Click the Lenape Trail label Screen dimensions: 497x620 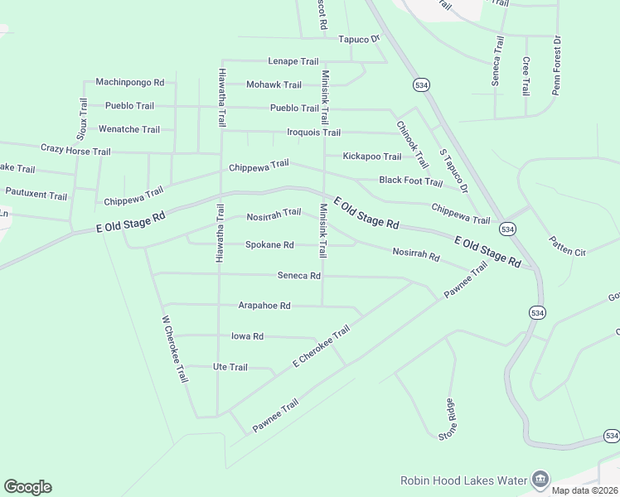[x=293, y=61]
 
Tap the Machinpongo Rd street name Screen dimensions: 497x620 [x=130, y=82]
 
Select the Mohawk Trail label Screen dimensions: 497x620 [x=274, y=84]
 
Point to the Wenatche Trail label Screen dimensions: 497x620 [x=129, y=129]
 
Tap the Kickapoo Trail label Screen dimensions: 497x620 [x=372, y=157]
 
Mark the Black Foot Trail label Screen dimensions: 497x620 [x=410, y=181]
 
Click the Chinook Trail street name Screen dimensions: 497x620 [x=412, y=144]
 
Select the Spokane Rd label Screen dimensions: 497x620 [x=269, y=244]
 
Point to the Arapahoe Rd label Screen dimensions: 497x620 [x=264, y=305]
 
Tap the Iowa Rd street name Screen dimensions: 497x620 [x=247, y=336]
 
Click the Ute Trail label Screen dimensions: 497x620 [x=230, y=367]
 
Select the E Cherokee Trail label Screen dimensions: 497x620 [x=322, y=347]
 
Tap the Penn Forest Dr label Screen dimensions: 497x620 [x=556, y=65]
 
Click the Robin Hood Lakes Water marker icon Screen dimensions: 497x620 [x=540, y=479]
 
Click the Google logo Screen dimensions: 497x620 [x=27, y=487]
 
